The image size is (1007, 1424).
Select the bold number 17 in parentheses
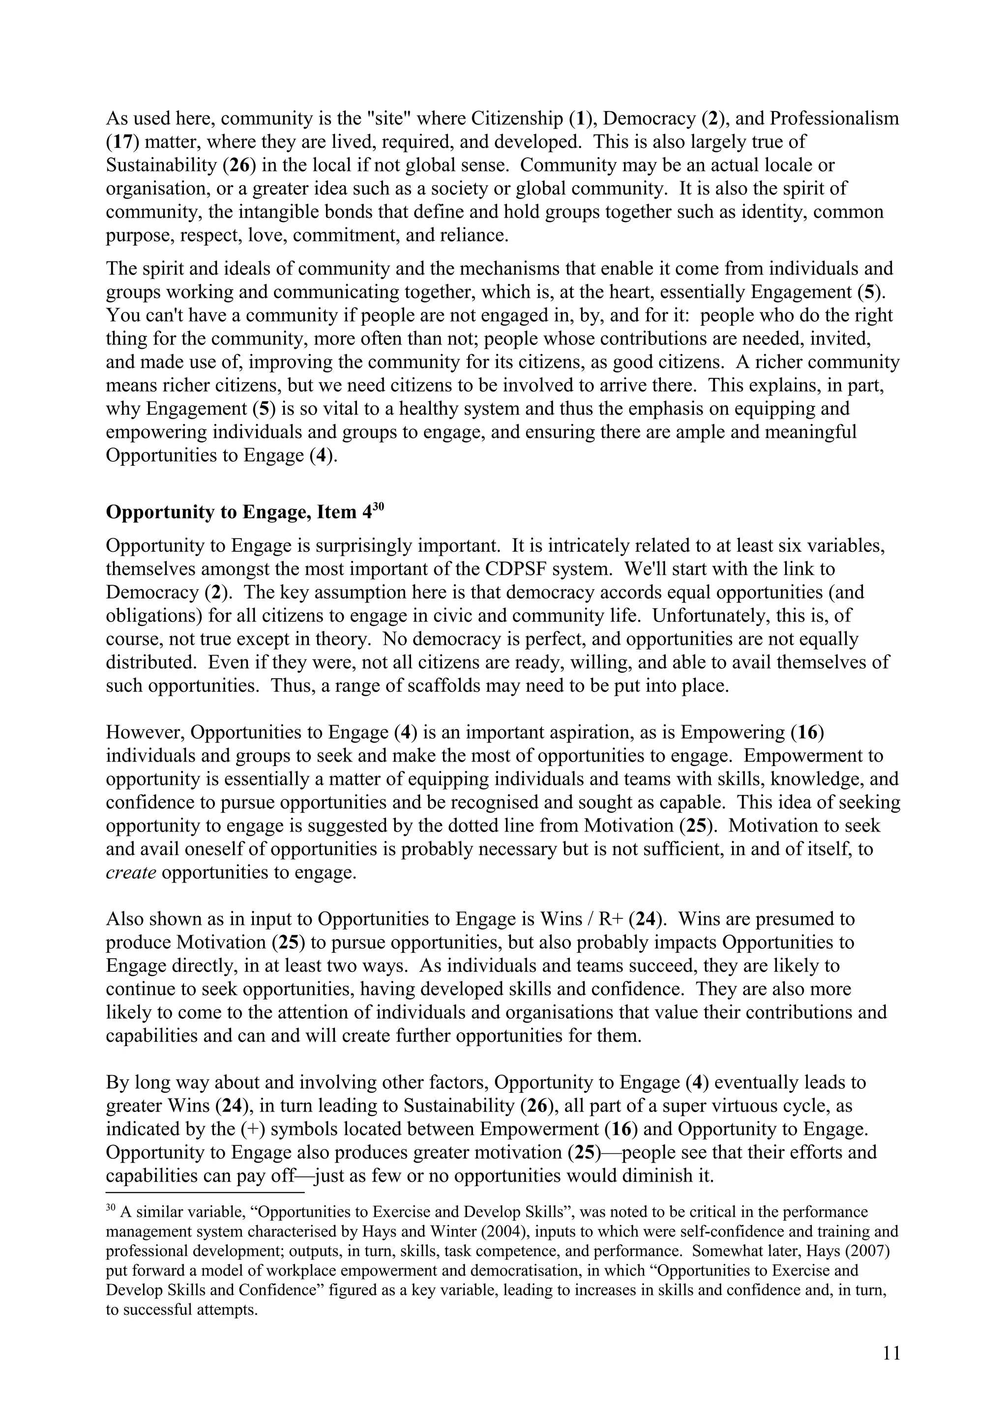[x=118, y=142]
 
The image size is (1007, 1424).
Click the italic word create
[x=130, y=872]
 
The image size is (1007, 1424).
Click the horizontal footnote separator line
[x=205, y=1192]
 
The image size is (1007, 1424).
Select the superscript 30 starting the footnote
[x=111, y=1207]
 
